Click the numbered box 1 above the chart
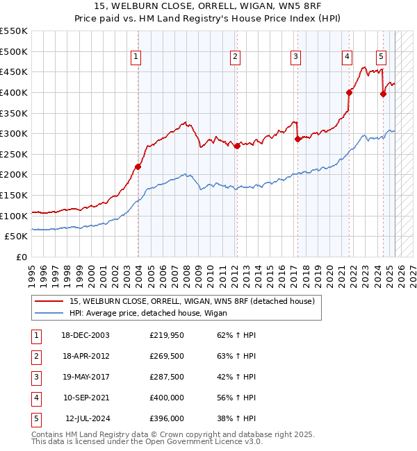point(135,57)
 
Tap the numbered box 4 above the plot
point(346,57)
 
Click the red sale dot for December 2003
point(138,167)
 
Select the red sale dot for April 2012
point(237,146)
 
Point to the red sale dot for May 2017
point(297,139)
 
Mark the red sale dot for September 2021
point(349,92)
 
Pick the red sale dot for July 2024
point(383,94)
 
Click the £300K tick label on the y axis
point(15,133)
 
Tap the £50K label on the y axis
point(17,237)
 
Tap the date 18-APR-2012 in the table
point(85,356)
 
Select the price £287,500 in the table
point(167,377)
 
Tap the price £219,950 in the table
point(167,335)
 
